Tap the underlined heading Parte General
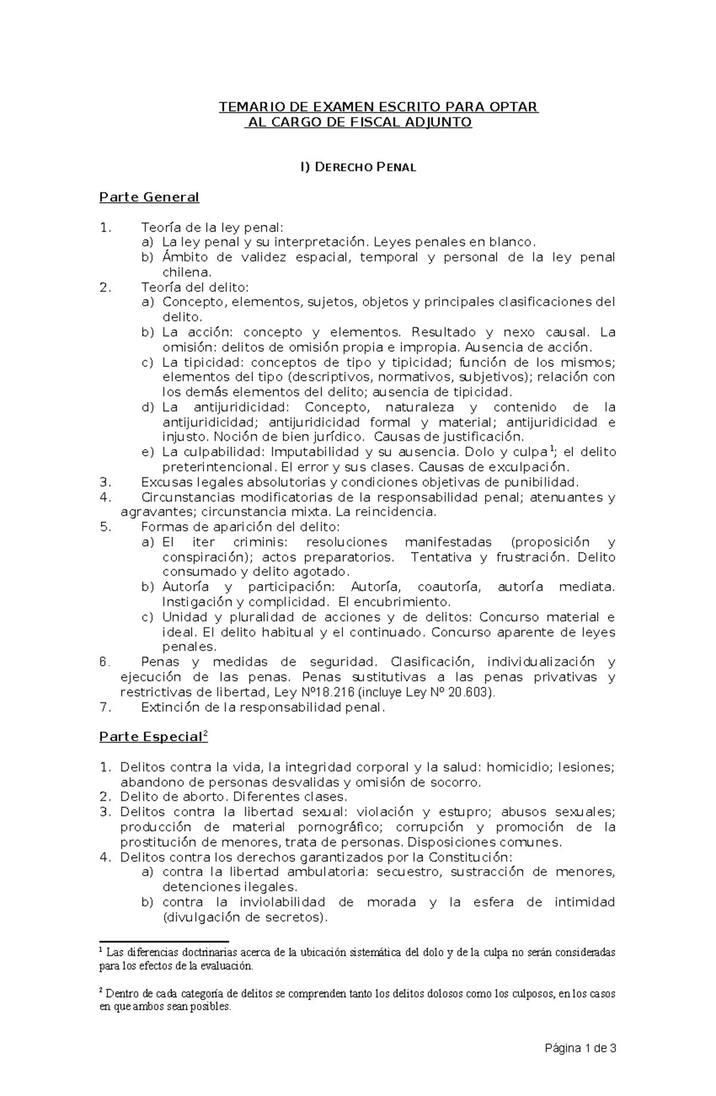pos(149,197)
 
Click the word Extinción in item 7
pos(169,707)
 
